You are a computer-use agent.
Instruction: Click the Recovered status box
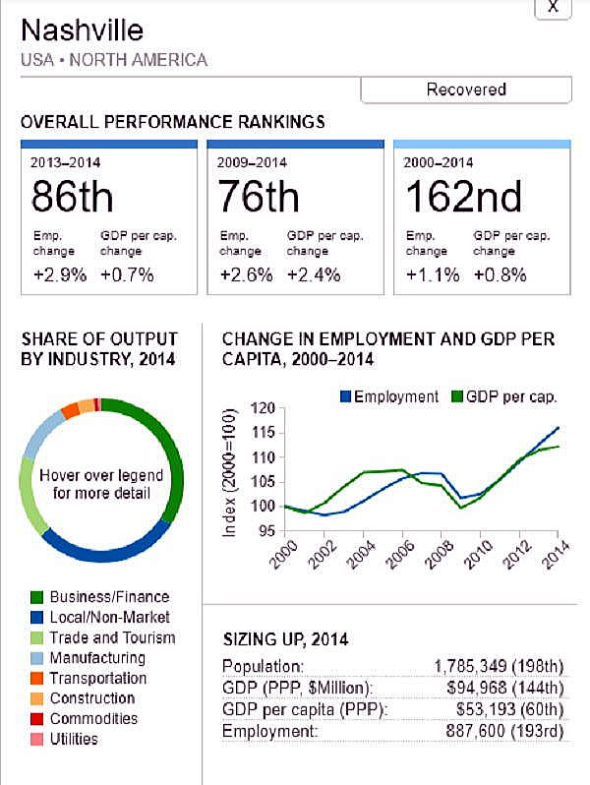466,90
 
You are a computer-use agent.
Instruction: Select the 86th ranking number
72,198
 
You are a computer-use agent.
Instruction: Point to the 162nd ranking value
463,198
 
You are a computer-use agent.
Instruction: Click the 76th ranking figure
258,198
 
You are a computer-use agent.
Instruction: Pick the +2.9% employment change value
59,274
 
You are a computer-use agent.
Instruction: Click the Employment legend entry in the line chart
388,396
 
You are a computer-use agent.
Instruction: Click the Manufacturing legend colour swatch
37,658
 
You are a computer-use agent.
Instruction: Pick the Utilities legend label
74,739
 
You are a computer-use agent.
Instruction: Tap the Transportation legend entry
97,678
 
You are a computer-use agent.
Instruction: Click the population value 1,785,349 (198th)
499,666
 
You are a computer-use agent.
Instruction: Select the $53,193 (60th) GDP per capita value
507,710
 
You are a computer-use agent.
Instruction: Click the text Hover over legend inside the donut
101,475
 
